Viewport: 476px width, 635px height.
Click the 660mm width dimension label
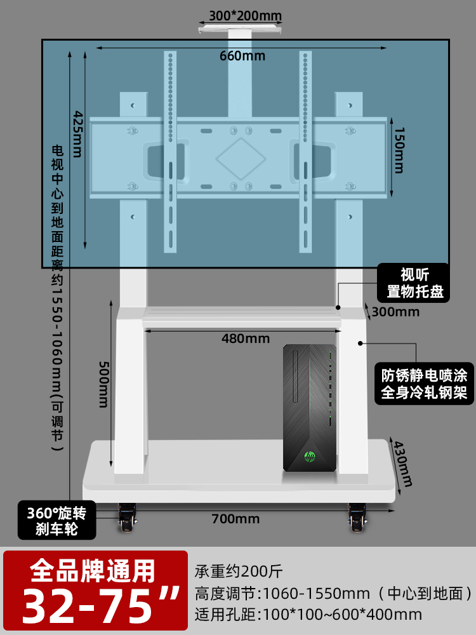[242, 56]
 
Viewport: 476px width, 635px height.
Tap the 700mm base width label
[235, 519]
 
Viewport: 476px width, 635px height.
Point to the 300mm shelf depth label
[395, 312]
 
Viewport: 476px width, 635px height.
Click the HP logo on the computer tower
[310, 456]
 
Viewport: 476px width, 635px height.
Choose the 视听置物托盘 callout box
[415, 283]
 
